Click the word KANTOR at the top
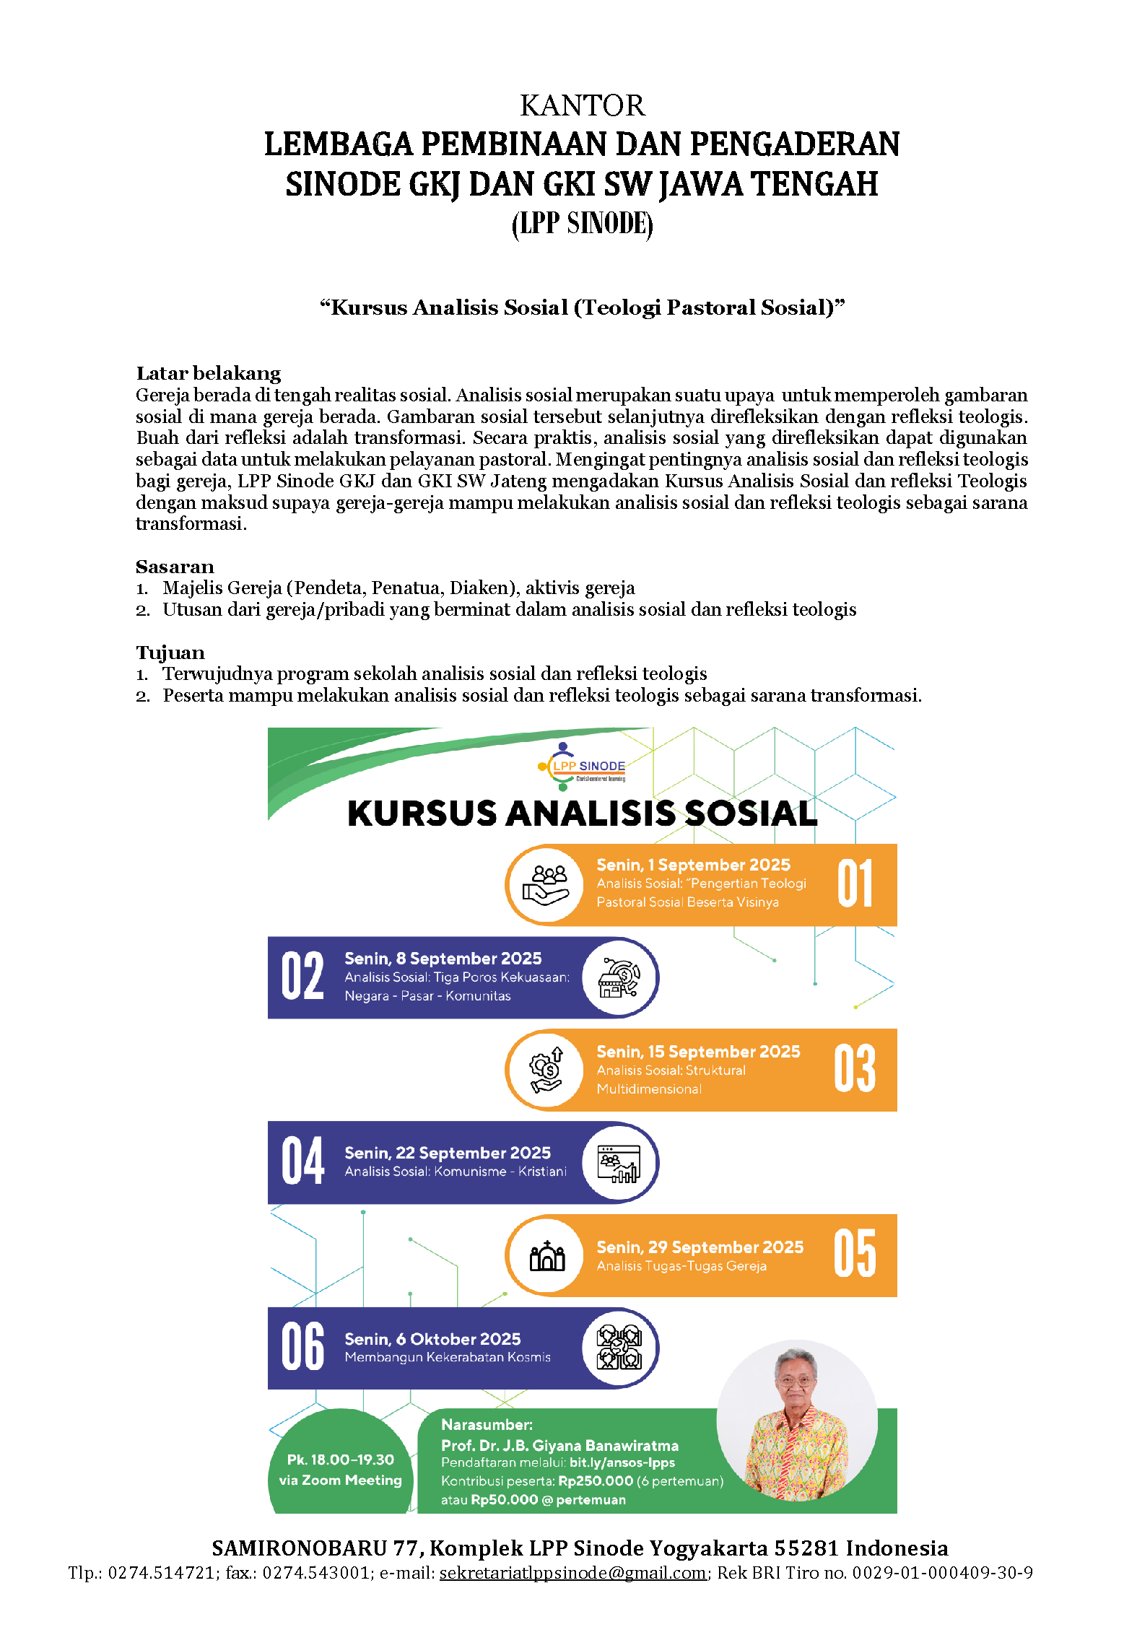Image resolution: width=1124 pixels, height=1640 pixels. [582, 106]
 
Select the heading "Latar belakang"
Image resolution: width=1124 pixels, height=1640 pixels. [208, 373]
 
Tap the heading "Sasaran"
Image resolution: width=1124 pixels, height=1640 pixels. [175, 567]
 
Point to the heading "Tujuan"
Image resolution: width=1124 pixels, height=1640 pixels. [170, 653]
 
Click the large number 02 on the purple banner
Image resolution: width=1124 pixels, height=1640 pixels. [302, 976]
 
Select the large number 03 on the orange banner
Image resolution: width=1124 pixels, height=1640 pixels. [855, 1069]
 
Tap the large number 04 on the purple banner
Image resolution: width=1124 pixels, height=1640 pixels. [302, 1161]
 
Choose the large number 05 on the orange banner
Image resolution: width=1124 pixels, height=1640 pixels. [855, 1255]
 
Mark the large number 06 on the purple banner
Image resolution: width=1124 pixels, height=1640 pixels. [302, 1347]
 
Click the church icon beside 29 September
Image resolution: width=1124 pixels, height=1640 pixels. [547, 1256]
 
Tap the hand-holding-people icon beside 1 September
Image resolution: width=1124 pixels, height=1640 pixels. [547, 885]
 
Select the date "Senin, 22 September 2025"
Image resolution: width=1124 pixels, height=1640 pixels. [448, 1153]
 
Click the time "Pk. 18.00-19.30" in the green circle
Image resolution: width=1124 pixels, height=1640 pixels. [340, 1460]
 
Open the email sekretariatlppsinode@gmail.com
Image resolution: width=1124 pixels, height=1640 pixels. [572, 1572]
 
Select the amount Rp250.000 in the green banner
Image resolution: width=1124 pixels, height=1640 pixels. [596, 1481]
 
